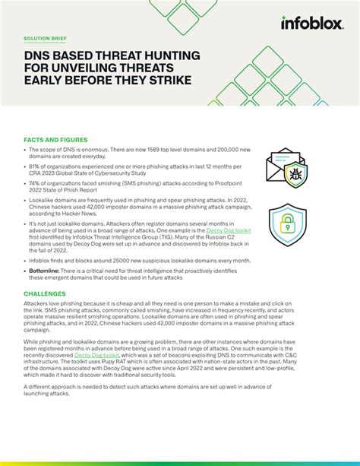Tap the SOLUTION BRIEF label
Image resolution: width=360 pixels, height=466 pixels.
pos(46,37)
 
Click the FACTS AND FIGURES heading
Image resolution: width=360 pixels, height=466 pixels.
pos(55,140)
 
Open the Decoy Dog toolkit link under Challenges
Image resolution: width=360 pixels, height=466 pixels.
pos(98,354)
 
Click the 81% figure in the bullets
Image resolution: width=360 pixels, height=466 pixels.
pos(36,165)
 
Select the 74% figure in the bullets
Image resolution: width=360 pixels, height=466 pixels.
pos(36,183)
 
